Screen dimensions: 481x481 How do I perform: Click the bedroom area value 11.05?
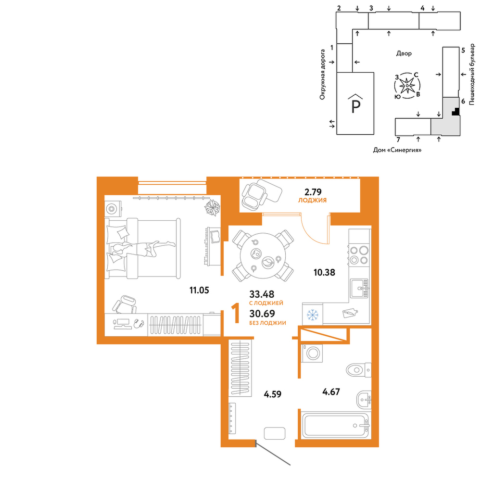click(199, 290)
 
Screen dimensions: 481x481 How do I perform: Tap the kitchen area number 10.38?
click(324, 272)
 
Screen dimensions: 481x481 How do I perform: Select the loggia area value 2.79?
click(313, 192)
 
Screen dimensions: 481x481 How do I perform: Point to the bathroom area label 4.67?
click(331, 392)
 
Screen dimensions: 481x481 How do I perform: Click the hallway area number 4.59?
click(272, 394)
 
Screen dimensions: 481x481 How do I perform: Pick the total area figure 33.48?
click(262, 294)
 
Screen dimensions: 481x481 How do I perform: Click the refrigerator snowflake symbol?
click(313, 315)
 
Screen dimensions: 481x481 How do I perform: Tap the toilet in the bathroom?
click(359, 369)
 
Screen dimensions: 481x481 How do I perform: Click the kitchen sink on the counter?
click(359, 288)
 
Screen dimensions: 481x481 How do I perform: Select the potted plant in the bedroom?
click(213, 207)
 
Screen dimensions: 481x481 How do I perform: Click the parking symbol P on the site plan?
click(355, 106)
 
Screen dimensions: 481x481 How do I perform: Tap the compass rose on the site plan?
click(407, 86)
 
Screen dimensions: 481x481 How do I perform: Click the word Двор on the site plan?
click(404, 53)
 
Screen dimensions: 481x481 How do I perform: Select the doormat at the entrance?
click(275, 433)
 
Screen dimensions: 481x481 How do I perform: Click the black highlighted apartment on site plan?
click(456, 112)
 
